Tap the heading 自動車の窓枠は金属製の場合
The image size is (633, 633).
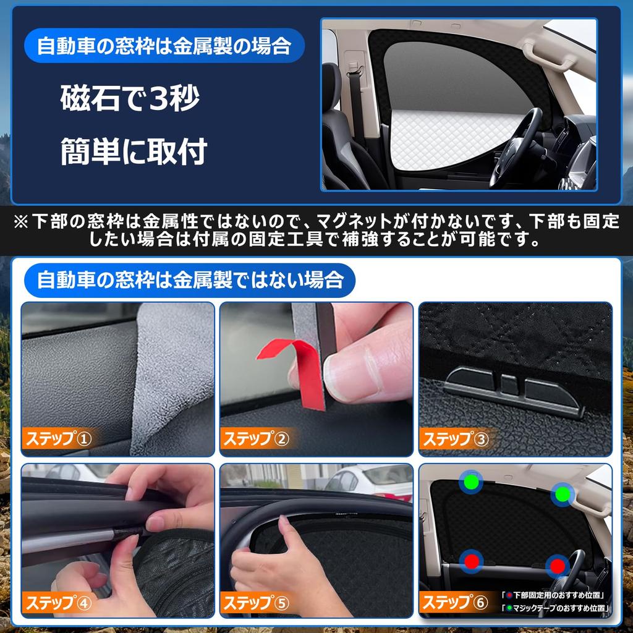click(163, 47)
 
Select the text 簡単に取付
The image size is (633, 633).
click(133, 151)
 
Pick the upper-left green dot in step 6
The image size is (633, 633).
click(472, 481)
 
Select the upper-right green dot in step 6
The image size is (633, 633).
click(562, 494)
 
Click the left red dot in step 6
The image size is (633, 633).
click(472, 561)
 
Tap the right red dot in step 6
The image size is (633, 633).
click(558, 565)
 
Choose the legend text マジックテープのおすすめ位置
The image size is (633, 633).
click(556, 608)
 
